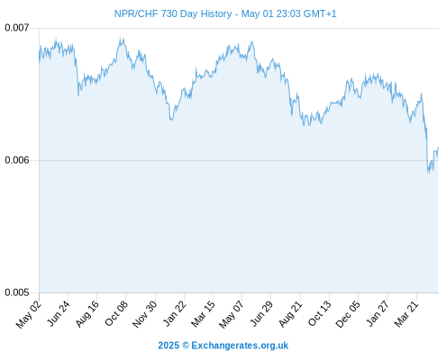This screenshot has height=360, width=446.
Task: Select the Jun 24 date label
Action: (x=59, y=314)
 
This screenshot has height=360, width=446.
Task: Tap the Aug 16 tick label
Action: (x=87, y=314)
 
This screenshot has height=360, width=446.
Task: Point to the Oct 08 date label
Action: (x=116, y=314)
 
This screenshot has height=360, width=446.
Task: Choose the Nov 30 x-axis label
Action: (x=145, y=314)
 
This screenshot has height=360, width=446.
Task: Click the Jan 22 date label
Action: (x=175, y=314)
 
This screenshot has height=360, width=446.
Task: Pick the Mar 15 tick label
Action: (x=204, y=314)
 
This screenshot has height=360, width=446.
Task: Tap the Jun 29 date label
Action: (x=262, y=314)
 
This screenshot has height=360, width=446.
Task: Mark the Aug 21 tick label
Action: (x=291, y=314)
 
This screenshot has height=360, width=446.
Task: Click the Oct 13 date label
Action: (x=320, y=314)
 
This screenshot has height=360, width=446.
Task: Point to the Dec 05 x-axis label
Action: (x=349, y=314)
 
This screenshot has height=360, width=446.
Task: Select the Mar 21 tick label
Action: (x=407, y=314)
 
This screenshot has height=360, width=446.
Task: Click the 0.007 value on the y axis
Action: (x=17, y=28)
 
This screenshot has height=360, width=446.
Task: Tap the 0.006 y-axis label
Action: (x=17, y=160)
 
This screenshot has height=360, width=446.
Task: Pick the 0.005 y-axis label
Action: (x=17, y=292)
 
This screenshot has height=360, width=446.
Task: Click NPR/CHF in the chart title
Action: (x=136, y=13)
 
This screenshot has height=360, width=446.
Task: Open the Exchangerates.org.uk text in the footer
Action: (x=240, y=346)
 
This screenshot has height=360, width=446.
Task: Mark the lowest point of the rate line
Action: (x=429, y=173)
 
